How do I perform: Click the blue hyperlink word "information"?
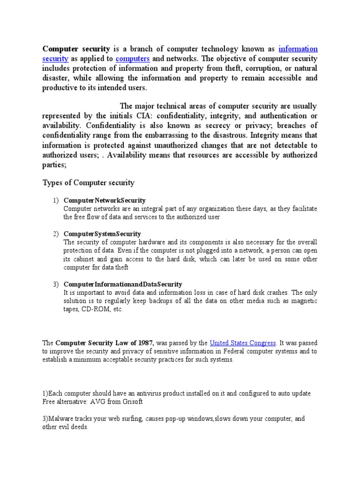point(298,49)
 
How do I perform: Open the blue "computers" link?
point(133,59)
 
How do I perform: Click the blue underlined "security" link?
point(56,59)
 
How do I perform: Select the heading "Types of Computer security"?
point(89,183)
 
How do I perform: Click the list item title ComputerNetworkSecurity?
point(105,201)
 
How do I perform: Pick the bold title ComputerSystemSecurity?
point(102,233)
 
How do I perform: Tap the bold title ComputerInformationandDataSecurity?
point(123,284)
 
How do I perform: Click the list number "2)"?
point(55,233)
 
